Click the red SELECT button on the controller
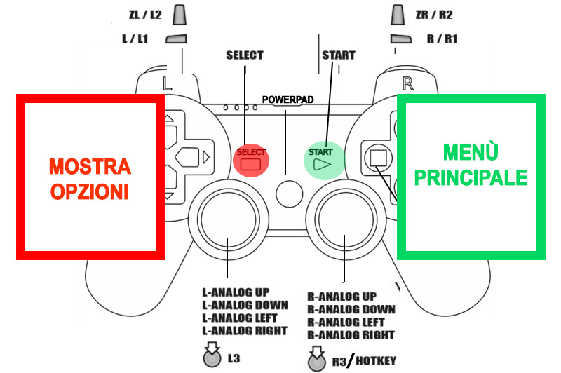251,158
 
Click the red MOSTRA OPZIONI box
89,178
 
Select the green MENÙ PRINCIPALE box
471,166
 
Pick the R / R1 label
442,39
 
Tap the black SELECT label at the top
244,55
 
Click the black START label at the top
338,55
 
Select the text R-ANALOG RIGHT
351,335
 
